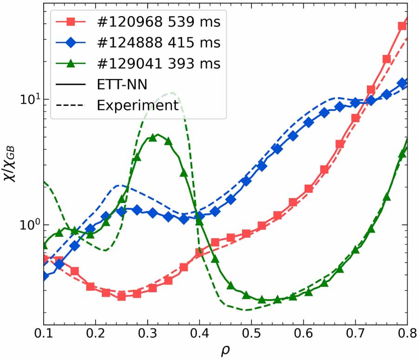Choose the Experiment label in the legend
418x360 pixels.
[x=137, y=105]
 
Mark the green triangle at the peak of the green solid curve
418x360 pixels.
[x=152, y=137]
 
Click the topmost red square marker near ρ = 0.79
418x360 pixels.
[x=402, y=26]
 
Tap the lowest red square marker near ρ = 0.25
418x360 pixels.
[x=121, y=296]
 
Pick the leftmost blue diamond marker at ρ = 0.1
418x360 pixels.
[x=44, y=276]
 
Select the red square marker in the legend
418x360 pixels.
[x=70, y=22]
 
